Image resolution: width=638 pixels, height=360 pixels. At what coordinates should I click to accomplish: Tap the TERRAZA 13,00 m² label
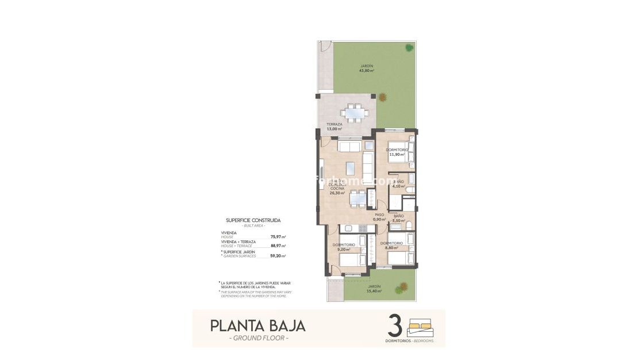pyautogui.click(x=334, y=127)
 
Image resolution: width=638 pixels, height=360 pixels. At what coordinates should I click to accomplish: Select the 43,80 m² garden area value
pyautogui.click(x=367, y=71)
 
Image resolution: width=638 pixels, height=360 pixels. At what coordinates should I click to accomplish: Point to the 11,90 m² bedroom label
pyautogui.click(x=397, y=154)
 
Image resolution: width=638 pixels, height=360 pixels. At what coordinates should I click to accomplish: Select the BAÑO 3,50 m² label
pyautogui.click(x=398, y=219)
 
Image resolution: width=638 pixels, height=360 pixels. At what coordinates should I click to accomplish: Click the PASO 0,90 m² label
pyautogui.click(x=379, y=217)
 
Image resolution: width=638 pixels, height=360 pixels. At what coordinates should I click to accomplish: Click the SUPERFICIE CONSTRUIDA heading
pyautogui.click(x=253, y=220)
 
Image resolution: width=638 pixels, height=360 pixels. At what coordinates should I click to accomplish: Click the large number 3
pyautogui.click(x=395, y=325)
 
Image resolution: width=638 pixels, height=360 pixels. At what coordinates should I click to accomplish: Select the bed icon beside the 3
pyautogui.click(x=420, y=327)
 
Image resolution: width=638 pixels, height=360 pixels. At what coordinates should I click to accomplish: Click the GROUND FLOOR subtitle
pyautogui.click(x=259, y=338)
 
